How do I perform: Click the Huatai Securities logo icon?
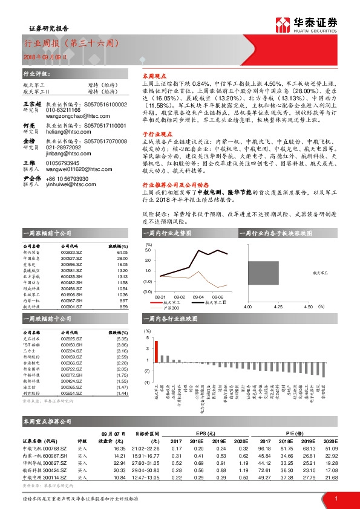(x=283, y=24)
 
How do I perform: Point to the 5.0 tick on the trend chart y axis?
(x=148, y=250)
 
